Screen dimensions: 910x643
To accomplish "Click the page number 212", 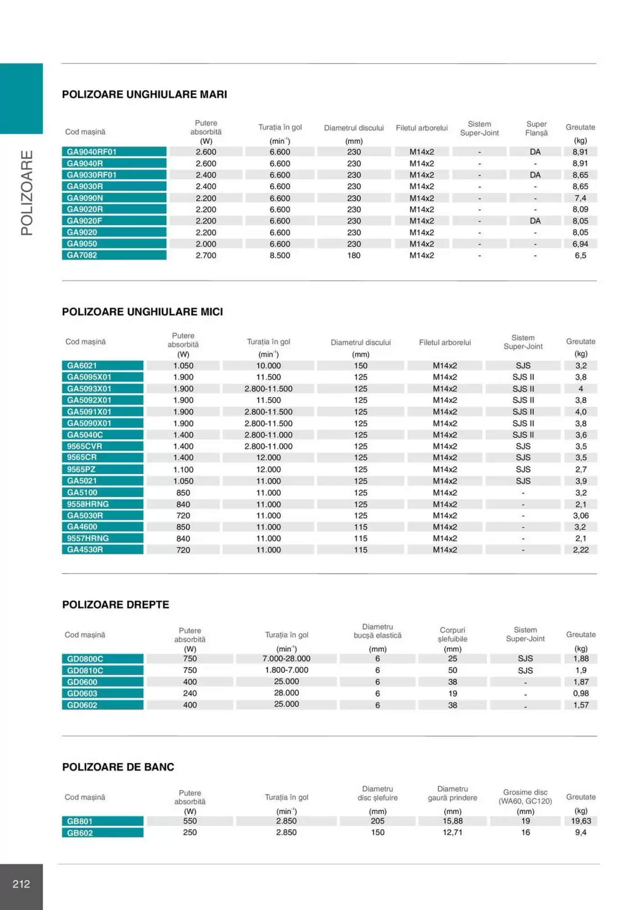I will click(21, 884).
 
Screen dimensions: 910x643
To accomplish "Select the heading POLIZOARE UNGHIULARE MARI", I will click(144, 95).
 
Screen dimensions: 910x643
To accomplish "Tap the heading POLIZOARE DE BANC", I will click(118, 767).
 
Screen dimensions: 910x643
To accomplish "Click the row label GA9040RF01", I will click(92, 152).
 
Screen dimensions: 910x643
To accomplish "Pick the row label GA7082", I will click(82, 255).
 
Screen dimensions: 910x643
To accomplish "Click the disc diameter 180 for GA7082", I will click(354, 255).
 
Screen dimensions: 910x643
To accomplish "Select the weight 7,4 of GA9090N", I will click(580, 198).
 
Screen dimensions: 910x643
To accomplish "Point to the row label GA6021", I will click(82, 365).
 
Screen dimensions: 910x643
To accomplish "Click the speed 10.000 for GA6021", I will click(268, 365).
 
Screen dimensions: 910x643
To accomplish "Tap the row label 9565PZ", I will click(81, 469).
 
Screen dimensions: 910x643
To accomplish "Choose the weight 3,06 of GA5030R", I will click(581, 516).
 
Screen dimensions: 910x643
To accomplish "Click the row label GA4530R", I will click(85, 550).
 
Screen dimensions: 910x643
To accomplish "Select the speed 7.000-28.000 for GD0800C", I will click(286, 658).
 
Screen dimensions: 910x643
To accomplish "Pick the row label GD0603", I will click(82, 693).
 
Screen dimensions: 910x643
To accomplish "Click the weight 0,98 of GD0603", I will click(581, 693).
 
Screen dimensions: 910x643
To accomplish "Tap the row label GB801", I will click(80, 821).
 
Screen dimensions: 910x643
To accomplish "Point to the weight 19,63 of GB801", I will click(581, 821).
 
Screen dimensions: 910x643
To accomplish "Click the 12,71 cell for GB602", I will click(452, 832).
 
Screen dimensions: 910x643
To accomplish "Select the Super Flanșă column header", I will click(537, 128).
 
